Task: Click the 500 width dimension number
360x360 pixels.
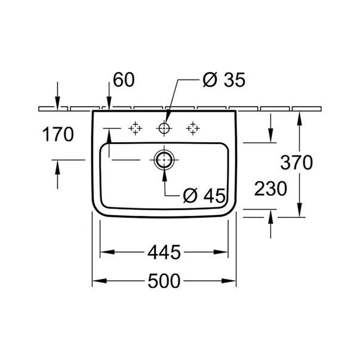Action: [164, 281]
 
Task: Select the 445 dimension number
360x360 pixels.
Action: [164, 252]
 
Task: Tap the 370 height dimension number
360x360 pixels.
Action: [296, 162]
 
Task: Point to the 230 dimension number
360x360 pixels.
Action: [270, 189]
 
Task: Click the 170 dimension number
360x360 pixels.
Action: [58, 134]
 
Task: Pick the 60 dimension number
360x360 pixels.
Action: [124, 79]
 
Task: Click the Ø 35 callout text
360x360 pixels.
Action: [224, 79]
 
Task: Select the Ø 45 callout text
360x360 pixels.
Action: [204, 196]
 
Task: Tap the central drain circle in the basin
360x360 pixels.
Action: [164, 160]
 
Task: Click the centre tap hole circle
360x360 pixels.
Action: [164, 128]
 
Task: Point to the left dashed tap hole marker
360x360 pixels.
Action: [136, 128]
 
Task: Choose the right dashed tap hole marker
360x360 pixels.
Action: [193, 128]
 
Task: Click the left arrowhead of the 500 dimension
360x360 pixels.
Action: [100, 281]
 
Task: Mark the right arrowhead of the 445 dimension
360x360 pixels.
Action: [220, 252]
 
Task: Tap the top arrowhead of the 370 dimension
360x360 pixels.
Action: [299, 118]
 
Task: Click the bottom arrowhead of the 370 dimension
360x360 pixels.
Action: [299, 210]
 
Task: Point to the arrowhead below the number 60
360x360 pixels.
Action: [109, 103]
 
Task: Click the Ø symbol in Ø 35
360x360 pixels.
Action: [210, 79]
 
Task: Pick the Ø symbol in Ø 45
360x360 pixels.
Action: [190, 196]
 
